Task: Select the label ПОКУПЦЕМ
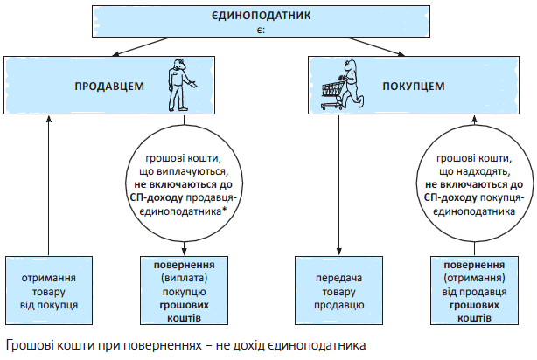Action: pyautogui.click(x=414, y=87)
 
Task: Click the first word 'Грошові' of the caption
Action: pyautogui.click(x=27, y=344)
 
